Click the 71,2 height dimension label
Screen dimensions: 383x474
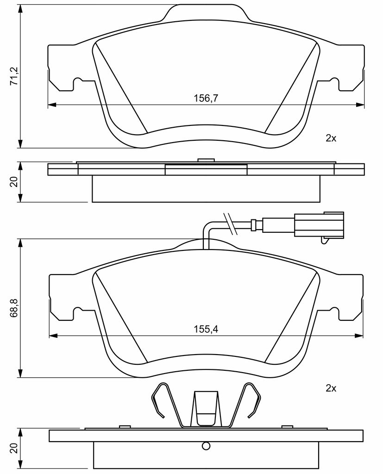[14, 76]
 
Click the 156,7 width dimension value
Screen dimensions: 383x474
[206, 98]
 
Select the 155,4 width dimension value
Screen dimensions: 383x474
[206, 329]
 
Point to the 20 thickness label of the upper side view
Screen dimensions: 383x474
[14, 182]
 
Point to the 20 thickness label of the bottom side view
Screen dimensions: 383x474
[14, 448]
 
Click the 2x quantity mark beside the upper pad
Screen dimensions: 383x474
[331, 138]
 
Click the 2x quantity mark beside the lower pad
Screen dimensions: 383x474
[331, 388]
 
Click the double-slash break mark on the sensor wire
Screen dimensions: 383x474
[230, 224]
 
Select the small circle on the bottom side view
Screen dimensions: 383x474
[206, 446]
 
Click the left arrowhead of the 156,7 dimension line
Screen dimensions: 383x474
[52, 105]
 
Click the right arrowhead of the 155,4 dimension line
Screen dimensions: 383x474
[359, 336]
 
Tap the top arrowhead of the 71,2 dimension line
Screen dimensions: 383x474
[20, 9]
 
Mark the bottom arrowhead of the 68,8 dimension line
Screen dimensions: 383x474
[20, 373]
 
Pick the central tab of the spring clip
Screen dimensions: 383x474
[206, 408]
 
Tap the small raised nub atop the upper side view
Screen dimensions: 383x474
[206, 160]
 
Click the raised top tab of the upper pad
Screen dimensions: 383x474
[207, 12]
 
